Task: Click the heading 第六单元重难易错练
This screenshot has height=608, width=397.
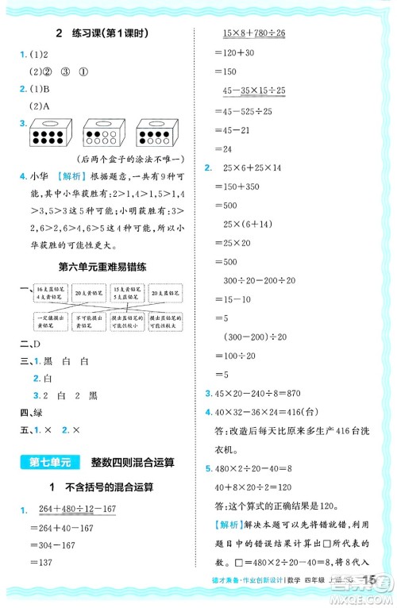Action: pos(104,267)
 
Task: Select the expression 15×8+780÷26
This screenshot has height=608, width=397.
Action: pos(255,35)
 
